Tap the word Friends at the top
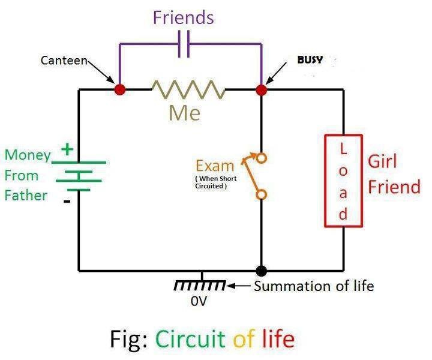[x=183, y=17]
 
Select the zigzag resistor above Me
[x=188, y=90]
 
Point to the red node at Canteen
[x=120, y=90]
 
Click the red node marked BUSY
[x=261, y=90]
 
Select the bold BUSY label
[x=310, y=60]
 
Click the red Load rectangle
[x=343, y=181]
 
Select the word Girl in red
[x=383, y=161]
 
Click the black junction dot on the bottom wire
[x=261, y=271]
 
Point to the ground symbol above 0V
[x=201, y=284]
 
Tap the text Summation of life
[x=314, y=286]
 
